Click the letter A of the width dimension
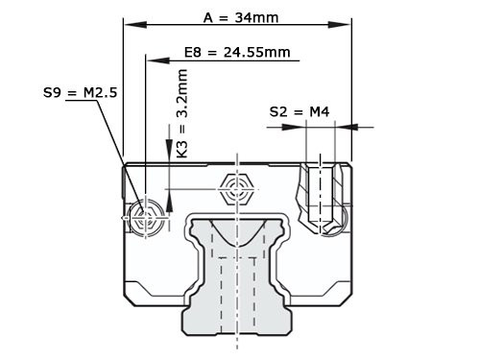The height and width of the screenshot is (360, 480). click(209, 17)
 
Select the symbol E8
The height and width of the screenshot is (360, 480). click(195, 52)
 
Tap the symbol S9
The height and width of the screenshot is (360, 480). click(55, 93)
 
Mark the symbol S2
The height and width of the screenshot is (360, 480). click(278, 112)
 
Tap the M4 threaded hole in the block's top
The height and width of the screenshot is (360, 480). click(320, 197)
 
